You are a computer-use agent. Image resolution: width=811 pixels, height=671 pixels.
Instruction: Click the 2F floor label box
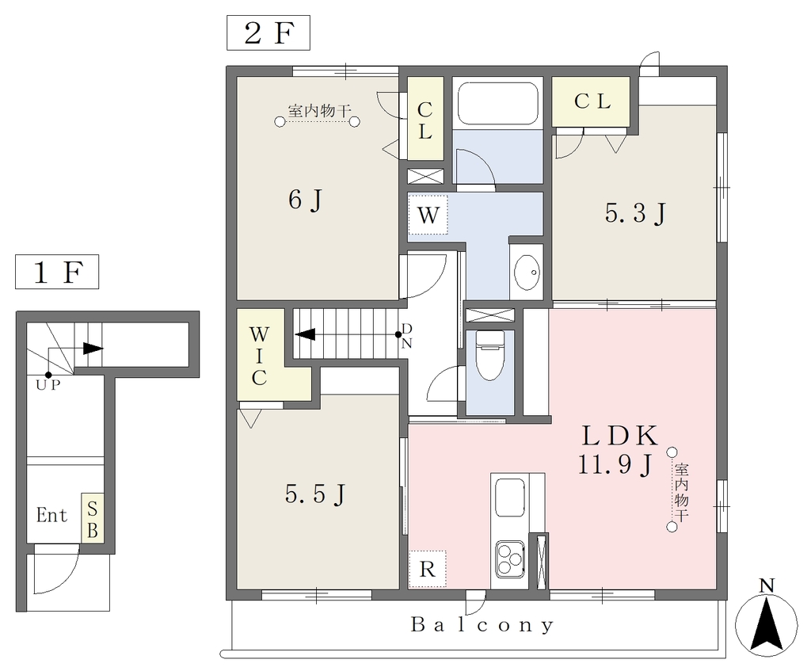[268, 32]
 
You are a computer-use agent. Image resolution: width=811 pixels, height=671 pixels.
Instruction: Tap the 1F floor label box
[57, 272]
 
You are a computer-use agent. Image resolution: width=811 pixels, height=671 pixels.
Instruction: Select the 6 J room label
[306, 200]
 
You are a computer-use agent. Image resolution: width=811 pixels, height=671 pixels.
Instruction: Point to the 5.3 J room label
[635, 212]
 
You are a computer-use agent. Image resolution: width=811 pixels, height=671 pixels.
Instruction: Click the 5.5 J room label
[315, 494]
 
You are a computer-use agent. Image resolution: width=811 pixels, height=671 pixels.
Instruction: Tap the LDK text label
[619, 437]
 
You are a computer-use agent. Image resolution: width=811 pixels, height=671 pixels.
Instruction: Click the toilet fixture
[489, 356]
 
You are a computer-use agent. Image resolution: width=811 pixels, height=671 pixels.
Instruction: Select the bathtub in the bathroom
[497, 104]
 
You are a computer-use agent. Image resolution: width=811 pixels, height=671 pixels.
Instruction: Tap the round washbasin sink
[527, 272]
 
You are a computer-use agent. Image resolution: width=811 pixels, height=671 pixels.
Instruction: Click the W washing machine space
[428, 214]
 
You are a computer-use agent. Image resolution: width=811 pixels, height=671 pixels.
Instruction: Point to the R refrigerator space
[427, 569]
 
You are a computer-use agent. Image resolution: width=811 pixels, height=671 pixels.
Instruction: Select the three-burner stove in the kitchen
[509, 559]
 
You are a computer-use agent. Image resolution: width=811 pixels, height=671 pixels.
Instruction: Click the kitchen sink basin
[509, 494]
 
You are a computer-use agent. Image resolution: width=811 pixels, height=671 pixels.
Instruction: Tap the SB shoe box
[93, 519]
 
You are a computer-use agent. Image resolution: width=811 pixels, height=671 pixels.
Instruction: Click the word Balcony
[482, 625]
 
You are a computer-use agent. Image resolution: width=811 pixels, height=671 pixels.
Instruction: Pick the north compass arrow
[767, 623]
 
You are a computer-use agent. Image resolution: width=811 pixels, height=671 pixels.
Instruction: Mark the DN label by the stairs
[406, 336]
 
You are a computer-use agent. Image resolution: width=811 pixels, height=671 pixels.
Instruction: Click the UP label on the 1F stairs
[48, 385]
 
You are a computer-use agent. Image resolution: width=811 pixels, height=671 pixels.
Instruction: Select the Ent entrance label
[51, 515]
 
